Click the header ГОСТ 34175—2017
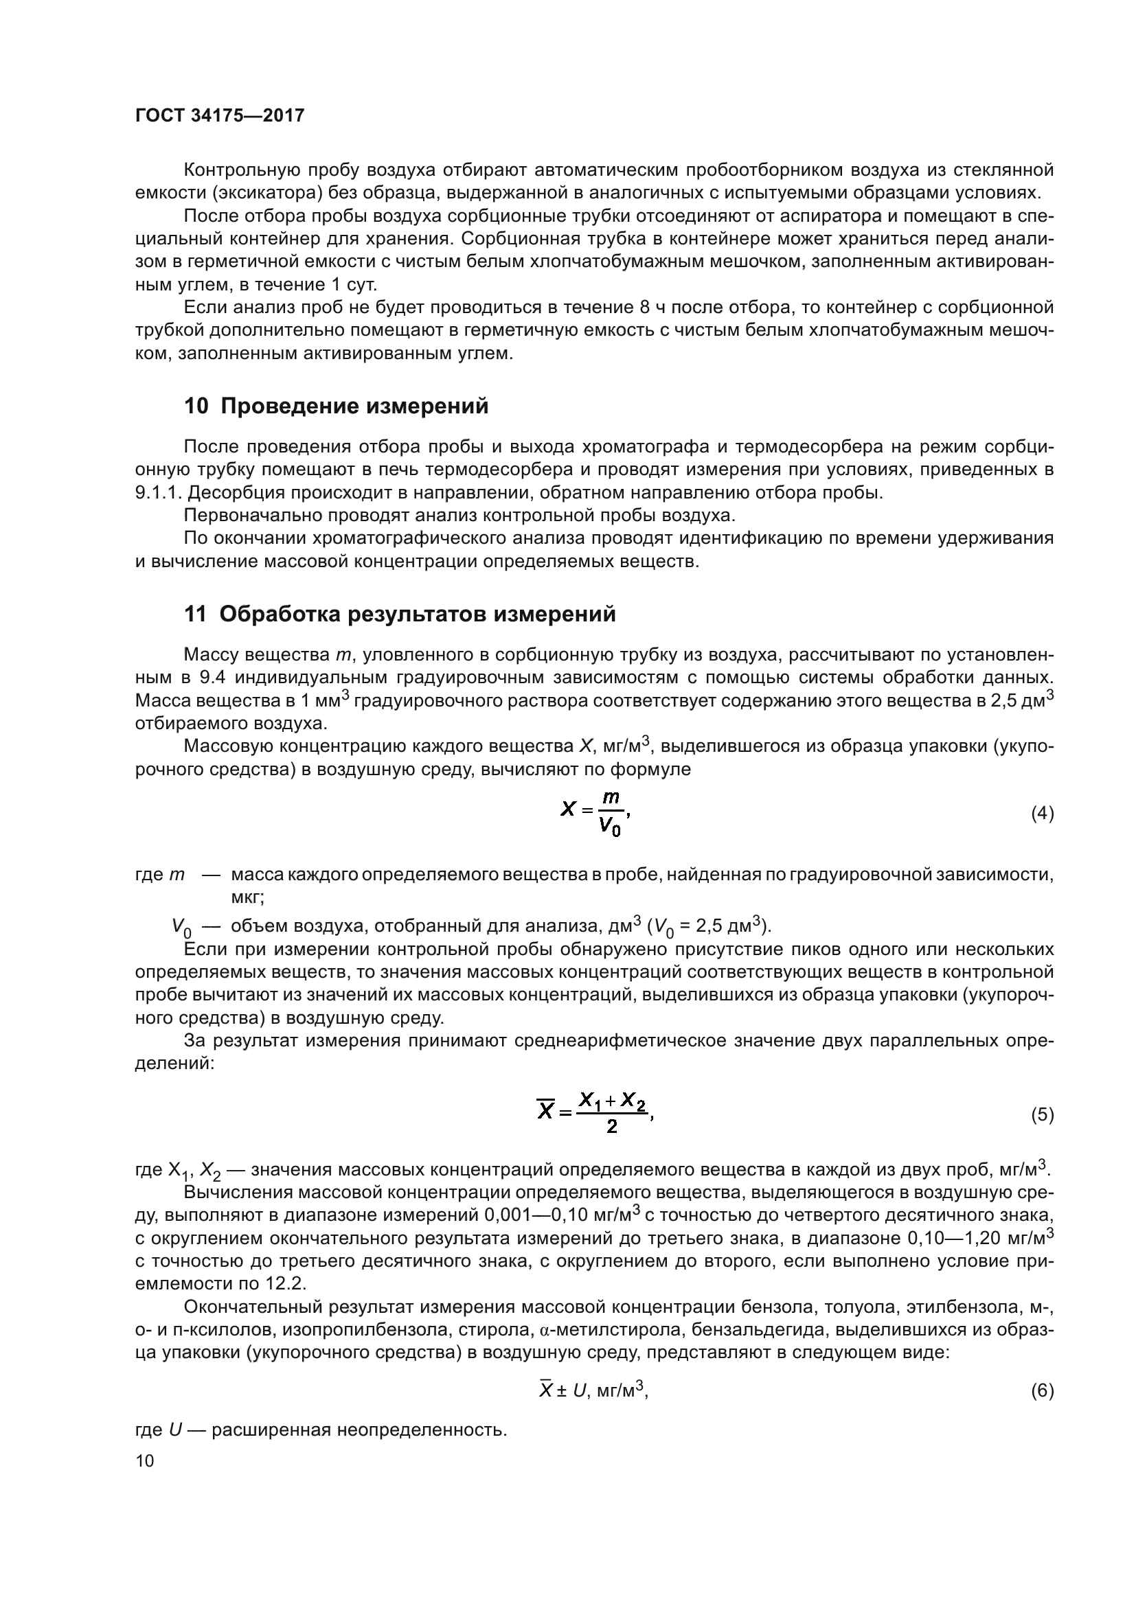tap(220, 115)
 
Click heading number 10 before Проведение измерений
tap(196, 406)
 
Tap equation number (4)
tap(1043, 814)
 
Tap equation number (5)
tap(1043, 1114)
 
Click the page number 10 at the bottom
tap(144, 1460)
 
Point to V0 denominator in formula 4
tap(609, 828)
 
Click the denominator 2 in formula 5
tap(611, 1127)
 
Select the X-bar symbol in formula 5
tap(545, 1110)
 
